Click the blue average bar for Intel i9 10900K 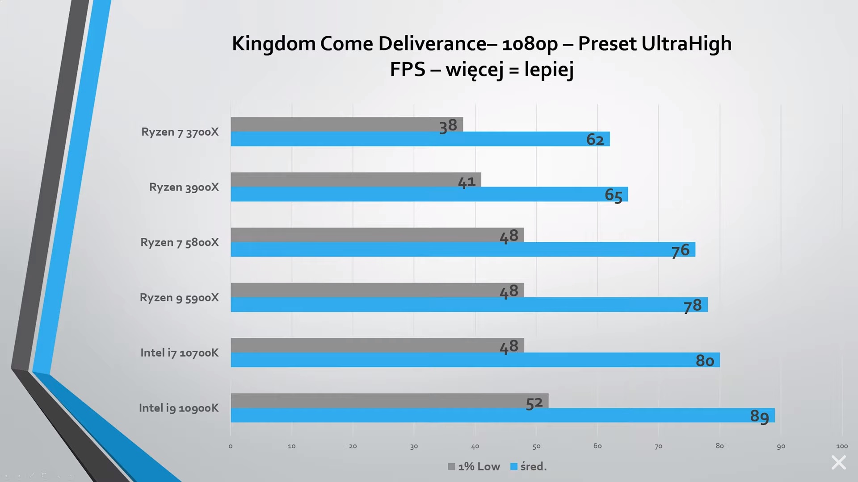pos(492,416)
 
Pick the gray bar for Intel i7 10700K pos(357,345)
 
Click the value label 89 pos(759,416)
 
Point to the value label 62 pos(595,140)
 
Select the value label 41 pos(467,182)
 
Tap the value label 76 pos(681,250)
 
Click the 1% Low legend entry pos(474,466)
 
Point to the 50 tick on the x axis pos(536,446)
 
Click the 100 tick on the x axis pos(842,446)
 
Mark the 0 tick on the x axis pos(231,446)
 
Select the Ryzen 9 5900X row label pos(179,298)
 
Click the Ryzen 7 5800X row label pos(180,242)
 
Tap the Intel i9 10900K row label pos(179,408)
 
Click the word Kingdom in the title pos(273,44)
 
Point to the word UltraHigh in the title pos(686,44)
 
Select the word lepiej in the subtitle pos(549,70)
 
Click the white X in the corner pos(838,462)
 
